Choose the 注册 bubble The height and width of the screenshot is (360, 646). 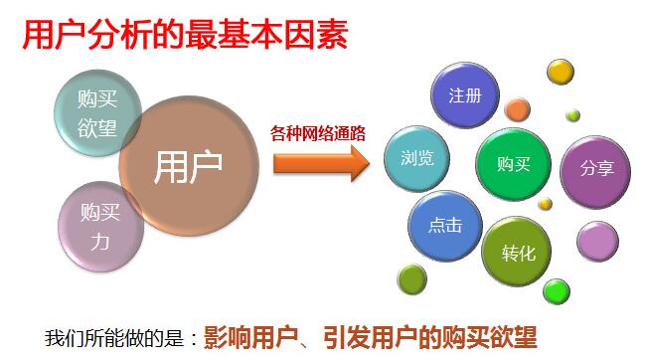pos(464,96)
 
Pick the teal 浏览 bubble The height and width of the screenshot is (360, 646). pos(416,158)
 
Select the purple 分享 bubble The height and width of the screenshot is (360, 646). pos(596,167)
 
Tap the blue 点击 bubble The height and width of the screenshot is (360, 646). pos(444,226)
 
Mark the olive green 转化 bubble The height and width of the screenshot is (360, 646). pos(519,253)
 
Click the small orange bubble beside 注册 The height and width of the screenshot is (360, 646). pos(517,108)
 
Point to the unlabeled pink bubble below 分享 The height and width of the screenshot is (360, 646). pos(597,241)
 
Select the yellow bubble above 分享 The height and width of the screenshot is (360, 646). pos(562,72)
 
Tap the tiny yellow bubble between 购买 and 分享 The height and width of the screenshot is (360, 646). pos(546,204)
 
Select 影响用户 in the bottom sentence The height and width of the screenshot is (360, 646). pos(249,334)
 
